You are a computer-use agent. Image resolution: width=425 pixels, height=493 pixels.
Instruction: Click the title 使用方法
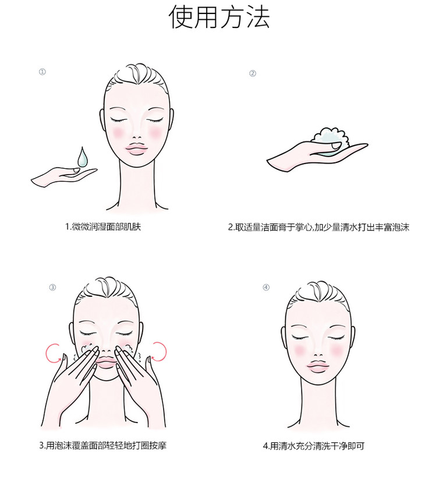coord(219,17)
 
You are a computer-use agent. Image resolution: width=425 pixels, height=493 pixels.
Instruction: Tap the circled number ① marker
coord(42,72)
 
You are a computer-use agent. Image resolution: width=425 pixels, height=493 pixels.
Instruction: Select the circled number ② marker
coord(253,73)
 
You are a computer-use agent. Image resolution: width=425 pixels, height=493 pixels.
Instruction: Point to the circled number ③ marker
coord(52,288)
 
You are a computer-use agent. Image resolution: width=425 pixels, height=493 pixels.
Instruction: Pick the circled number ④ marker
coord(266,288)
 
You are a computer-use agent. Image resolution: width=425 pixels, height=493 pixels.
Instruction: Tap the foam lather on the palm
coord(330,139)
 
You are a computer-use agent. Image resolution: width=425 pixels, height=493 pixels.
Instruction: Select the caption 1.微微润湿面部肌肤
coord(103,226)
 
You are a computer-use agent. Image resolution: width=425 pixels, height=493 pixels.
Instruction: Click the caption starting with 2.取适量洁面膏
coord(318,227)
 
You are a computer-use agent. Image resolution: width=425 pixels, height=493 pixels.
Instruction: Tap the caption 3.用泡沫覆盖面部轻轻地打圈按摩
coord(103,445)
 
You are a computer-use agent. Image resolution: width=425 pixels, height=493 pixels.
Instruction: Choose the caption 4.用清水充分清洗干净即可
coord(313,446)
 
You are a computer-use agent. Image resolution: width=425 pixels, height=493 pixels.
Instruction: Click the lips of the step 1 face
coord(136,149)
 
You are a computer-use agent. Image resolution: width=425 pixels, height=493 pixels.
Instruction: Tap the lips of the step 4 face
coord(318,366)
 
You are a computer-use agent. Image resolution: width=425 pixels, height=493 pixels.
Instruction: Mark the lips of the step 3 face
coord(106,361)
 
